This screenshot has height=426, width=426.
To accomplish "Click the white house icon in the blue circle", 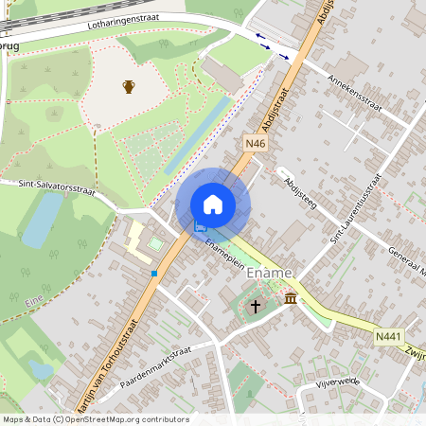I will (x=213, y=204).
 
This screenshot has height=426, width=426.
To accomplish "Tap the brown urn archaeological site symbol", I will (x=129, y=87).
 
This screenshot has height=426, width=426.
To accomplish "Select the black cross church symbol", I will (x=255, y=307).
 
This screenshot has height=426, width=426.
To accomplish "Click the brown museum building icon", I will (x=290, y=299).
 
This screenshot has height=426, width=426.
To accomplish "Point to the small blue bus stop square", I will (x=153, y=274).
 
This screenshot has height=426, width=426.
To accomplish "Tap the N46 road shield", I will (x=255, y=143).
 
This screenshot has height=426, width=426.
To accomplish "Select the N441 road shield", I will (x=386, y=336).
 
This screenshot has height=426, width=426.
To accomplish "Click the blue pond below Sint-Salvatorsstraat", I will (x=43, y=222).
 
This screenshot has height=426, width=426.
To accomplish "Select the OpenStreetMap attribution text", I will (x=96, y=418).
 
